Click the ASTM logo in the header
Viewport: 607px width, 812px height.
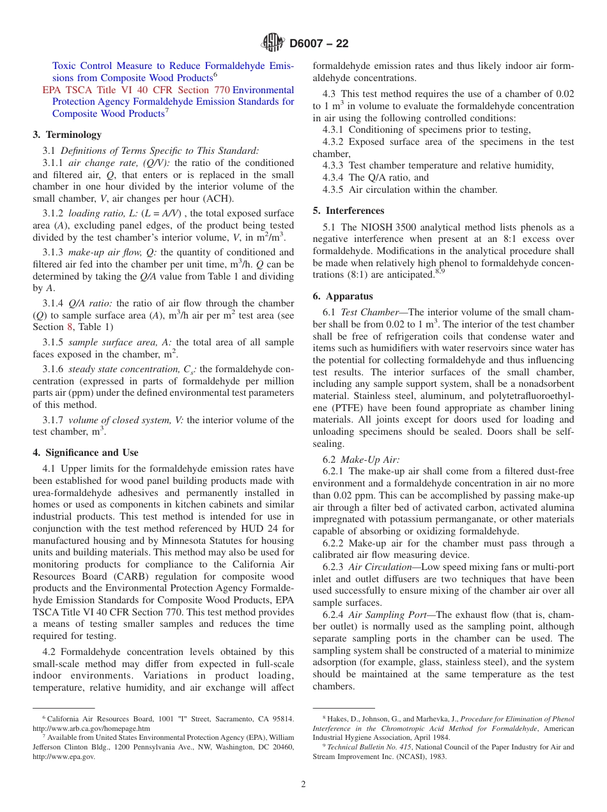[x=273, y=43]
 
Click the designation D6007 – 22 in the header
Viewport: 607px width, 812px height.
[x=319, y=44]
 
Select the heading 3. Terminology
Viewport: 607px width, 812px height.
[x=67, y=135]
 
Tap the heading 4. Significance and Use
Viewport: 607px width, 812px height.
[x=86, y=453]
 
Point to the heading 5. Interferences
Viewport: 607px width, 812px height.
[x=349, y=211]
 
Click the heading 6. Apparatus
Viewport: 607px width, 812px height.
[x=343, y=296]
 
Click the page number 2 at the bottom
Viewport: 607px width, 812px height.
[x=303, y=785]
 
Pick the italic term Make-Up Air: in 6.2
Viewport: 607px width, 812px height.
[x=370, y=460]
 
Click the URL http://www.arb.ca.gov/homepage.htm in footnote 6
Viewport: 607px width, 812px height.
[x=91, y=728]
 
